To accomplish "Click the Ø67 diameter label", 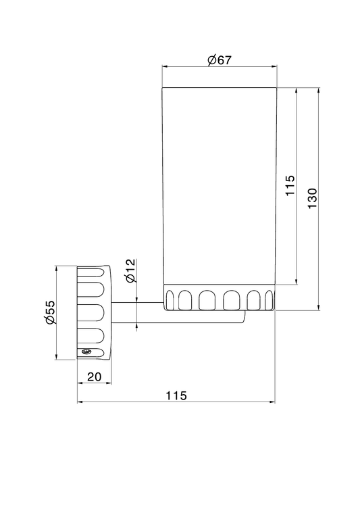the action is [x=220, y=60].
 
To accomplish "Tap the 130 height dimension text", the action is [x=312, y=198].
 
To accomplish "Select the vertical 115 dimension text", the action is [x=290, y=185].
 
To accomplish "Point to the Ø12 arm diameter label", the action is [x=130, y=270].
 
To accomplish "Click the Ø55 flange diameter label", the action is [x=51, y=312].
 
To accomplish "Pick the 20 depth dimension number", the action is [x=95, y=377].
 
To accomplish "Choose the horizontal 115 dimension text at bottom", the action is [x=176, y=395].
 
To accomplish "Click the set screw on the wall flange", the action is [x=86, y=352].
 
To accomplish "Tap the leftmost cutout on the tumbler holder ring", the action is [x=170, y=300].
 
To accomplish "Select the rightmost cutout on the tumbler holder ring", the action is [x=269, y=300].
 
